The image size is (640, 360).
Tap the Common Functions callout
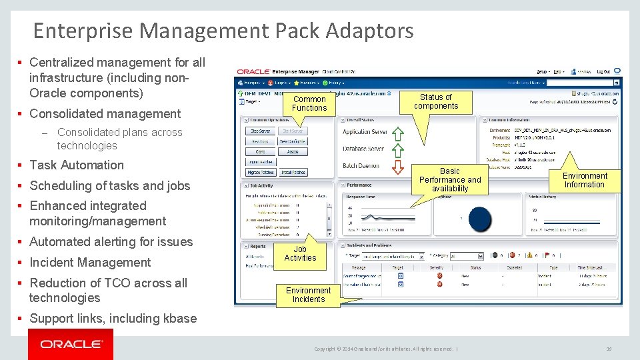309,103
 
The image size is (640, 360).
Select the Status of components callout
436,101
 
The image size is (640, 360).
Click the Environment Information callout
585,180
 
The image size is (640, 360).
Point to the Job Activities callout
300,254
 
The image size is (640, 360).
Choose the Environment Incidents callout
308,295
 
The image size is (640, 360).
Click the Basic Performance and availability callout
450,180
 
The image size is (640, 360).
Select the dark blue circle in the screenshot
481,219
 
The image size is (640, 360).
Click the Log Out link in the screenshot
603,71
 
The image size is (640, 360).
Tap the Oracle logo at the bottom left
71,344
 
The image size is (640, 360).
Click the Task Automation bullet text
77,165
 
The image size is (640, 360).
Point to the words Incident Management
90,263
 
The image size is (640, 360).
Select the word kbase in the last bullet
179,319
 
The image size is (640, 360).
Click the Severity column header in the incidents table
436,267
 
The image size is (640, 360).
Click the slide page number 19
609,349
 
